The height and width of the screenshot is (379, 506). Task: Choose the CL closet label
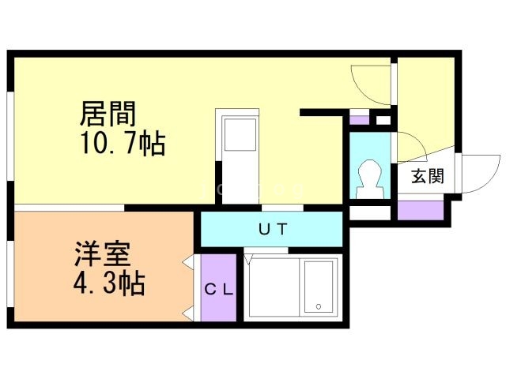pos(219,289)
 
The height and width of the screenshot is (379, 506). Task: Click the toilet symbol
pos(369,178)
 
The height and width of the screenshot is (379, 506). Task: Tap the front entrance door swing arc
pos(477,174)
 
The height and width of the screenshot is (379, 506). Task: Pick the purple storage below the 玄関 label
pos(420,211)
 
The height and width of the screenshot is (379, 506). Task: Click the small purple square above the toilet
pos(360,121)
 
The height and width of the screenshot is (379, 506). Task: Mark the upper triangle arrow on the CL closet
pos(190,261)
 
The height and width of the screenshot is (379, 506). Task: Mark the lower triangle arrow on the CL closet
pos(190,313)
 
